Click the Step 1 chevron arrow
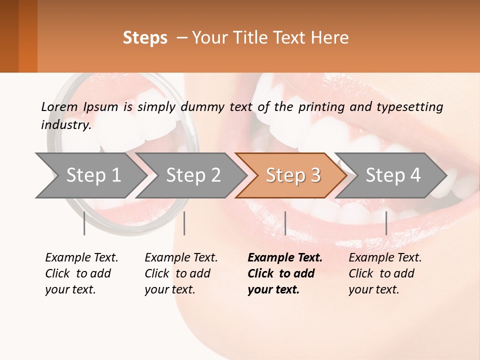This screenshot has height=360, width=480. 93,175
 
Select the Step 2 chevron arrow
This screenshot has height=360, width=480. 193,175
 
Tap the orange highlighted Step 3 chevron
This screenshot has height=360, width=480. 293,175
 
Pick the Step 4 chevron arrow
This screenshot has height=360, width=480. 393,175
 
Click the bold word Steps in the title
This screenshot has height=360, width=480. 145,38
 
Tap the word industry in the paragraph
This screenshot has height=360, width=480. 66,125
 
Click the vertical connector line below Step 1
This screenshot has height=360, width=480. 84,223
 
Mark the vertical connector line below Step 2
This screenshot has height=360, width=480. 184,223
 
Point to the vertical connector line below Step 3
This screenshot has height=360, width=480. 285,223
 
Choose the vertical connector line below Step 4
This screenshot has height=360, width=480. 386,223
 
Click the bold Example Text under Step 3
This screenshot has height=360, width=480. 285,257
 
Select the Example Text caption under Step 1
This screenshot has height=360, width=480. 81,257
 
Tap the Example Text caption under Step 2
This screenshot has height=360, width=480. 181,257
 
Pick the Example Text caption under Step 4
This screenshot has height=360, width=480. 385,257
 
